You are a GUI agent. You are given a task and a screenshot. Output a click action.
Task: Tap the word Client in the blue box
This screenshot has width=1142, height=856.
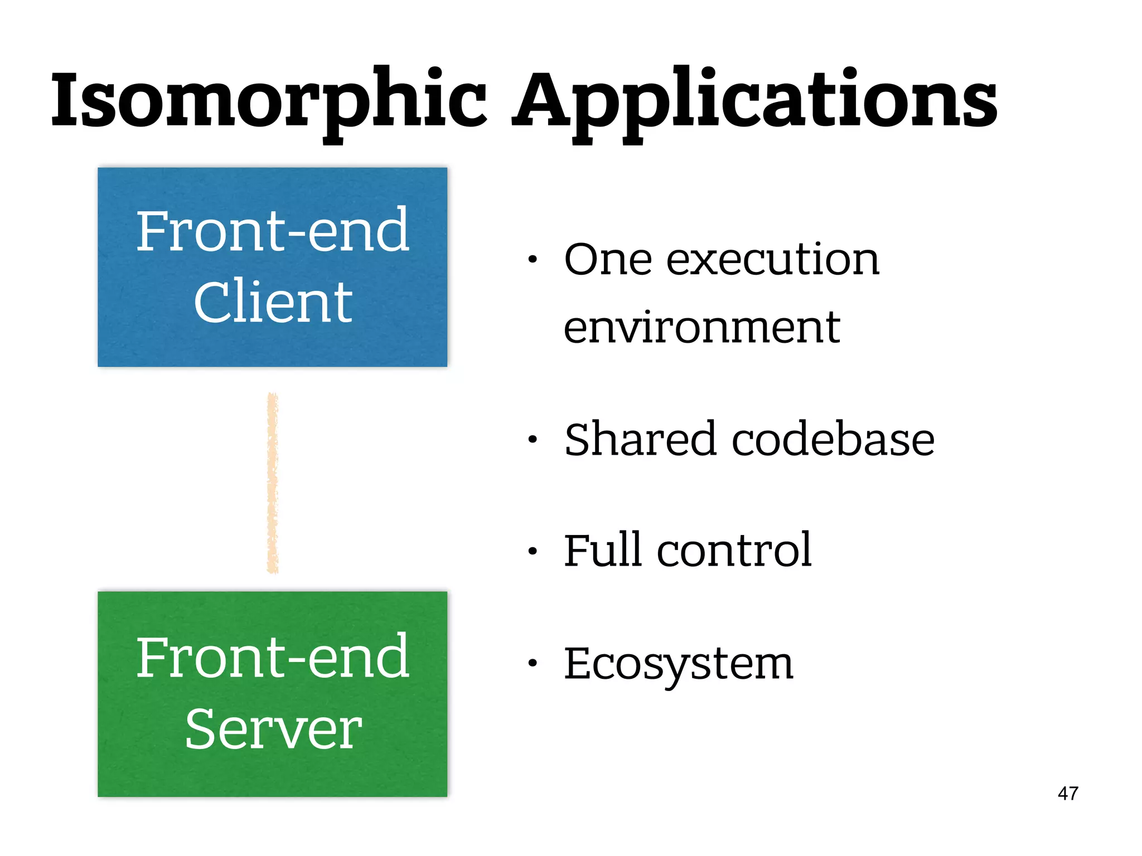273,301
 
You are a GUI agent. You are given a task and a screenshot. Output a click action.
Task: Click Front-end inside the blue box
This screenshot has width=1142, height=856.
273,230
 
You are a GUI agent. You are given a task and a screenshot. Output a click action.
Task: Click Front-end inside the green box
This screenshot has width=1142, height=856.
273,658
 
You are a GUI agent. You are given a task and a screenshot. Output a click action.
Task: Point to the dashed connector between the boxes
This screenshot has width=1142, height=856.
272,483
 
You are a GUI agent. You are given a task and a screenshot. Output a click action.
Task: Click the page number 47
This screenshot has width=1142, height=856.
1067,793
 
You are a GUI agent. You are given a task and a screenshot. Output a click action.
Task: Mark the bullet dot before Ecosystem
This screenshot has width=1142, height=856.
533,663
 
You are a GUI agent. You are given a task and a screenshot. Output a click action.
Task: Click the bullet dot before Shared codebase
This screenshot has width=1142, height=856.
533,440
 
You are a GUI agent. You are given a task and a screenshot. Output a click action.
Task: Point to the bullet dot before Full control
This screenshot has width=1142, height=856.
533,551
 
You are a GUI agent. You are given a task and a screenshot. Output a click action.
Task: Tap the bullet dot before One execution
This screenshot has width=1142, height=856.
533,259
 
